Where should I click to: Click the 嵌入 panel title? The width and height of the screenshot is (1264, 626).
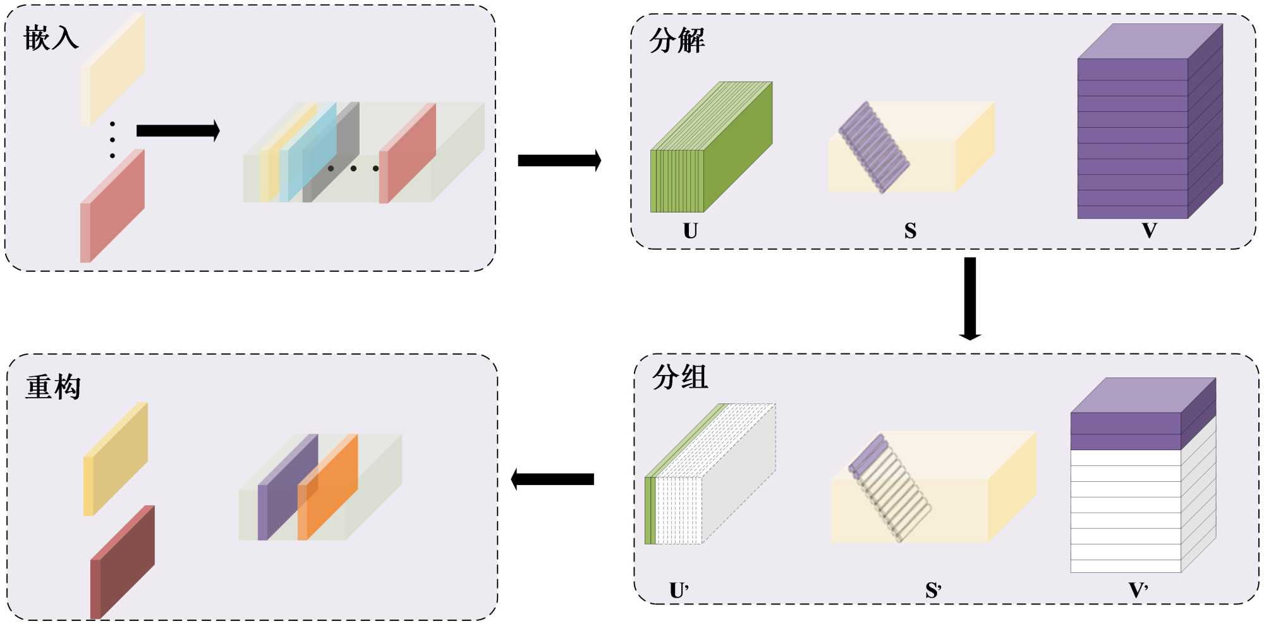51,38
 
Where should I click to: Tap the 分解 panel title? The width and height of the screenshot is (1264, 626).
677,41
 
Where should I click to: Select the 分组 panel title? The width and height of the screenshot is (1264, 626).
679,377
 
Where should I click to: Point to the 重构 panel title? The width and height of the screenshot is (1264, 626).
53,387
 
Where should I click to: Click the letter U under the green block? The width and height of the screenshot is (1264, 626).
690,231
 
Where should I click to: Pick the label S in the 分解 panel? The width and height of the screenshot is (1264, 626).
910,231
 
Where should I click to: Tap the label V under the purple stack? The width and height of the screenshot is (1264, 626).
1150,231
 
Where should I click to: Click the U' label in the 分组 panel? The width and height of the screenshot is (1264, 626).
679,591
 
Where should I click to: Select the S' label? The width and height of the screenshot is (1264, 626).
933,591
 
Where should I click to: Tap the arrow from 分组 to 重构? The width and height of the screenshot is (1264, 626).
552,479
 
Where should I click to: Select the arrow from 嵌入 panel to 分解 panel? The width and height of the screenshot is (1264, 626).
559,161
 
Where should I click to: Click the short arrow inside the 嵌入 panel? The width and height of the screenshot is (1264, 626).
178,131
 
